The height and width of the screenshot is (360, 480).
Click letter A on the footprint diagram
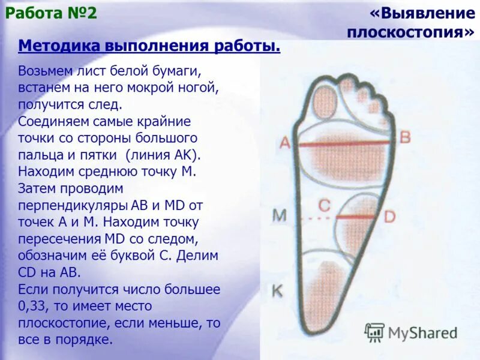coord(285,143)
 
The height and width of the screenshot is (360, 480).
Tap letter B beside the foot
coord(405,137)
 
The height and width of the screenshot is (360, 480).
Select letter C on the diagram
coord(324,206)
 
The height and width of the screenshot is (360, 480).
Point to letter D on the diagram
coord(389,217)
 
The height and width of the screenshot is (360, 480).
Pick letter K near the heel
coord(277,292)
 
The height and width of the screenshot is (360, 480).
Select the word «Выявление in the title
coord(423,14)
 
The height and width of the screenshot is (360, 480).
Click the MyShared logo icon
coord(374,332)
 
